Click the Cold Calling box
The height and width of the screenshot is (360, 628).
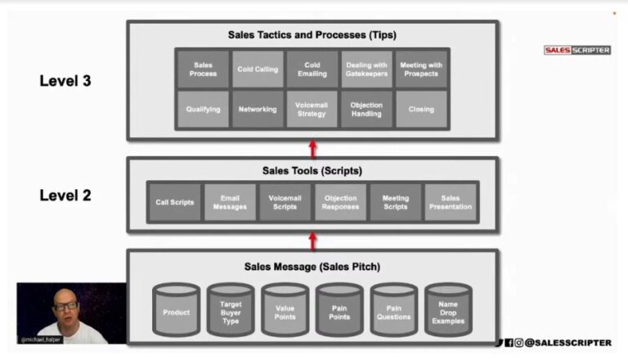click(258, 70)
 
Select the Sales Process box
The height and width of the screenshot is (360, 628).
click(204, 70)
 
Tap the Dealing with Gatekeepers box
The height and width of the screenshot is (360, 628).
click(366, 70)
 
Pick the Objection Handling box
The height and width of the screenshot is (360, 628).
click(366, 109)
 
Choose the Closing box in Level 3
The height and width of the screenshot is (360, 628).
click(420, 109)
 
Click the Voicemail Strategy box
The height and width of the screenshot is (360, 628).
click(312, 109)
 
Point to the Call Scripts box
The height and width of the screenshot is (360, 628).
click(174, 202)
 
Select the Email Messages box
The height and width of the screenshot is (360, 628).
click(230, 202)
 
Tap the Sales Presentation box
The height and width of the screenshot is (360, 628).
click(451, 202)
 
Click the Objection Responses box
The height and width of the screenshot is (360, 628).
click(340, 202)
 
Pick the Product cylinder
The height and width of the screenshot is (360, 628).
click(176, 311)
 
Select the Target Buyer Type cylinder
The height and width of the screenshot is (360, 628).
click(230, 311)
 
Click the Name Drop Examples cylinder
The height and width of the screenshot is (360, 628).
click(447, 311)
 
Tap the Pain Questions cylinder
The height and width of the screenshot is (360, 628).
click(393, 311)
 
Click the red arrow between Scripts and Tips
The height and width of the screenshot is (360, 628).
click(312, 148)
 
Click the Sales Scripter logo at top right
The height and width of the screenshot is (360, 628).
click(577, 50)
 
